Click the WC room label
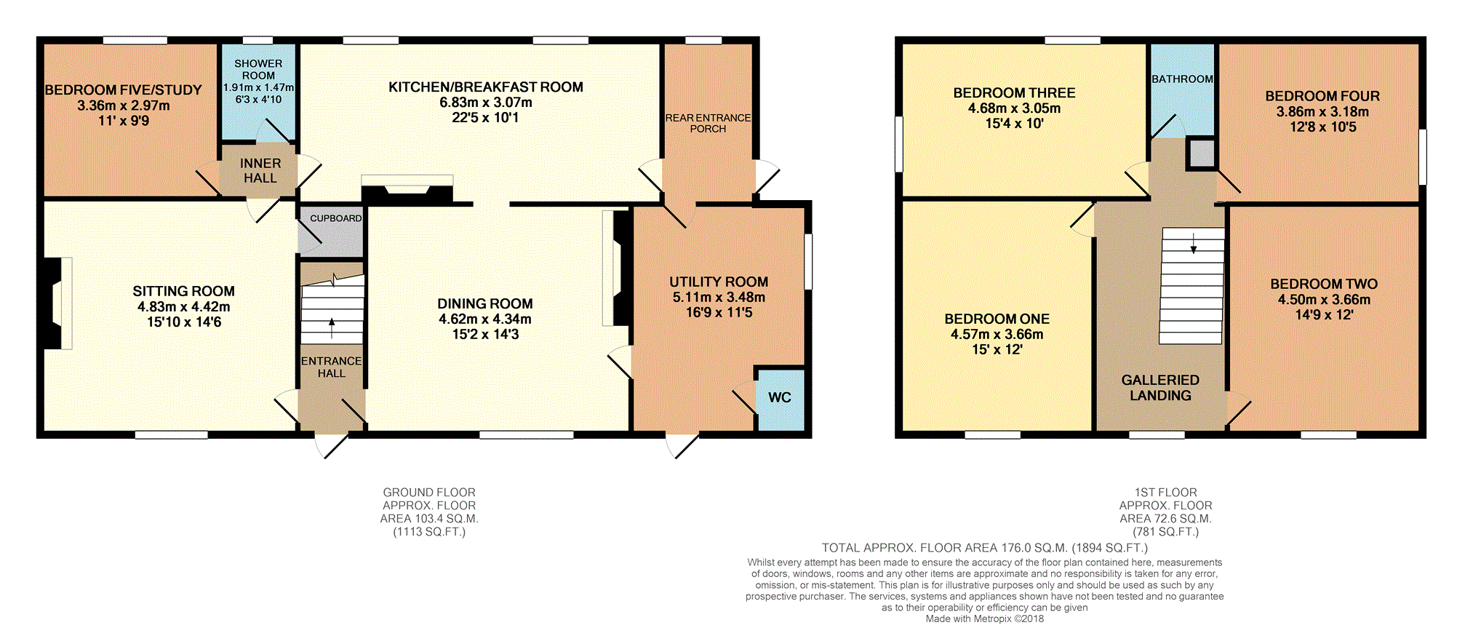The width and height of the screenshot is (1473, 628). (x=779, y=397)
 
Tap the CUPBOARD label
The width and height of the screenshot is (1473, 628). (x=335, y=218)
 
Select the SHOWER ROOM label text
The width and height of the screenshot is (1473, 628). (x=258, y=70)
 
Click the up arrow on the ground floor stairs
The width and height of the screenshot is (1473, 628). (x=332, y=327)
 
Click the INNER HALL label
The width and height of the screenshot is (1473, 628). (x=260, y=171)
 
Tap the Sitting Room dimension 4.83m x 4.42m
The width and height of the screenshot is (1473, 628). (x=183, y=306)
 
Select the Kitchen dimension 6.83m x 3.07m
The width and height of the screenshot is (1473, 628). (x=485, y=103)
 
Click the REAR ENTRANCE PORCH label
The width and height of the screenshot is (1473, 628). (x=708, y=123)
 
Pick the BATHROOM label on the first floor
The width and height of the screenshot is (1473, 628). (x=1182, y=79)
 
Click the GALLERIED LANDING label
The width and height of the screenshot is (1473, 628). (x=1160, y=388)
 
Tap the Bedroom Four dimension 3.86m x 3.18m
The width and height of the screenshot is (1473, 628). (x=1322, y=111)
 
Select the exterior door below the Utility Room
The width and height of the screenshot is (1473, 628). (x=681, y=445)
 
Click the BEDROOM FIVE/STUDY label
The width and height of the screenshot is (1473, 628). (x=123, y=90)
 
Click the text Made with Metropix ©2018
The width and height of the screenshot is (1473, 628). (x=984, y=619)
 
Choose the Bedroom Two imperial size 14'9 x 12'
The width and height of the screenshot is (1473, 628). (x=1324, y=315)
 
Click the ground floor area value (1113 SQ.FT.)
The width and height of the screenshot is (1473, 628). (x=429, y=532)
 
